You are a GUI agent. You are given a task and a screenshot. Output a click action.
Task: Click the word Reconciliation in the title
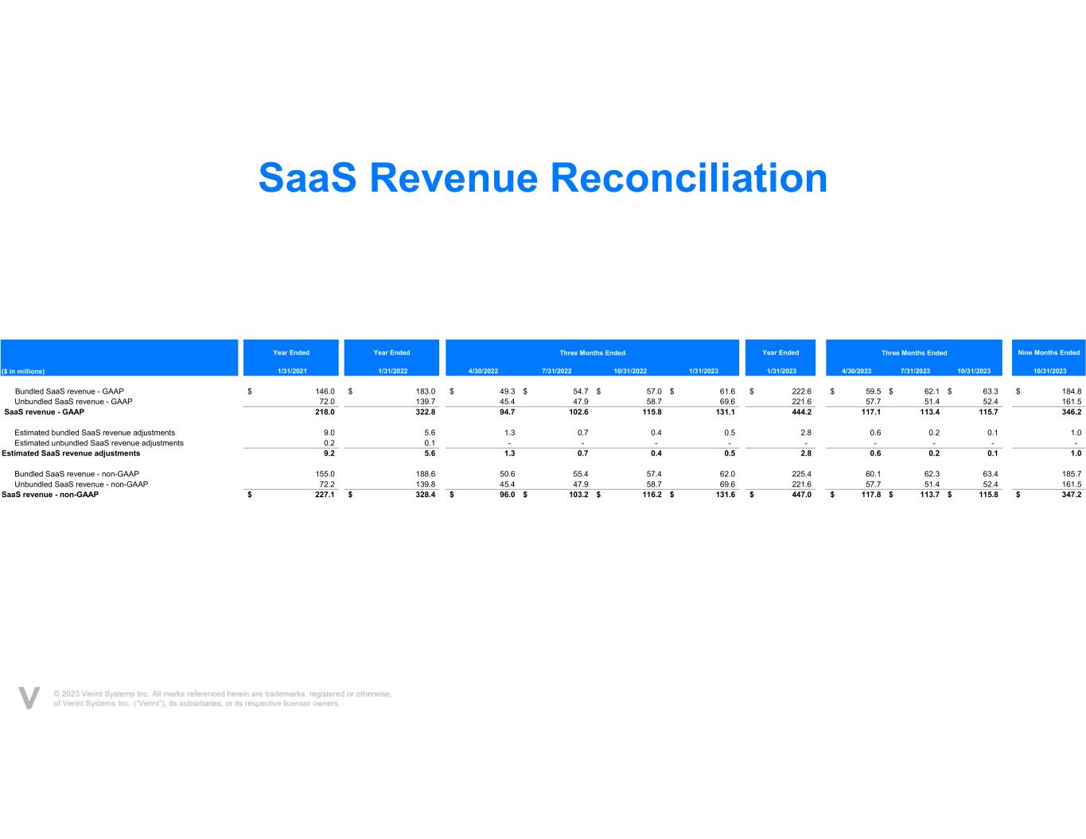[689, 178]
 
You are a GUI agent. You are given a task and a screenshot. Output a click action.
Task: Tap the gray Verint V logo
[29, 697]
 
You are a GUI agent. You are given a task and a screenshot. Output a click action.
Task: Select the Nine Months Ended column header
[1049, 352]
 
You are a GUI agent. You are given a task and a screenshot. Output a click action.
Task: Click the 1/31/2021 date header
[292, 371]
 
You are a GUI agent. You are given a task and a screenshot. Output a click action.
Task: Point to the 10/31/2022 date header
[630, 371]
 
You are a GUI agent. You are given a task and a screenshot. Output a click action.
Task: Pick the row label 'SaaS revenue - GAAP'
[44, 412]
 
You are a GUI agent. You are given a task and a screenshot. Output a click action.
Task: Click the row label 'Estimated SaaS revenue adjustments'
[71, 453]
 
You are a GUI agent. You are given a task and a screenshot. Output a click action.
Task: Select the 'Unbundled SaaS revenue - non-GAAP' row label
[81, 484]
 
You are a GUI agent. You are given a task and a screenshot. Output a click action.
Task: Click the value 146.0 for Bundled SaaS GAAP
[325, 391]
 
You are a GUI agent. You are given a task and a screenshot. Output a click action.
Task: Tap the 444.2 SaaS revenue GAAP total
[802, 412]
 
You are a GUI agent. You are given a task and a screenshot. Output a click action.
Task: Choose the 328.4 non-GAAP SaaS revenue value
[426, 495]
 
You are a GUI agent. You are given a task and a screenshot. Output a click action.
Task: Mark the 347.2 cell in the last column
[1072, 495]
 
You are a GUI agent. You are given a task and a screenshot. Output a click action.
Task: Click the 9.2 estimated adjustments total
[329, 453]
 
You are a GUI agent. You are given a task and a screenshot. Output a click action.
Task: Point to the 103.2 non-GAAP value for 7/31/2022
[578, 495]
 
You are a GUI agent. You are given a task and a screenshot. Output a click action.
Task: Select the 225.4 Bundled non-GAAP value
[802, 474]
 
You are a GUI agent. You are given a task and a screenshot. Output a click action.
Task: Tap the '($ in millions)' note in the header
[23, 371]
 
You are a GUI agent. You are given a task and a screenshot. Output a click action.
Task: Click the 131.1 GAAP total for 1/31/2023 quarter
[725, 412]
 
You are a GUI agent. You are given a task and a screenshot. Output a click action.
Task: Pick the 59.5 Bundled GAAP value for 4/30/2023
[873, 391]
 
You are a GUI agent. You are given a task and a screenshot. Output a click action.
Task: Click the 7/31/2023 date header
[915, 371]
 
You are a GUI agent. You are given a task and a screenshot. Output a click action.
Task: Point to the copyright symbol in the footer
[57, 693]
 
